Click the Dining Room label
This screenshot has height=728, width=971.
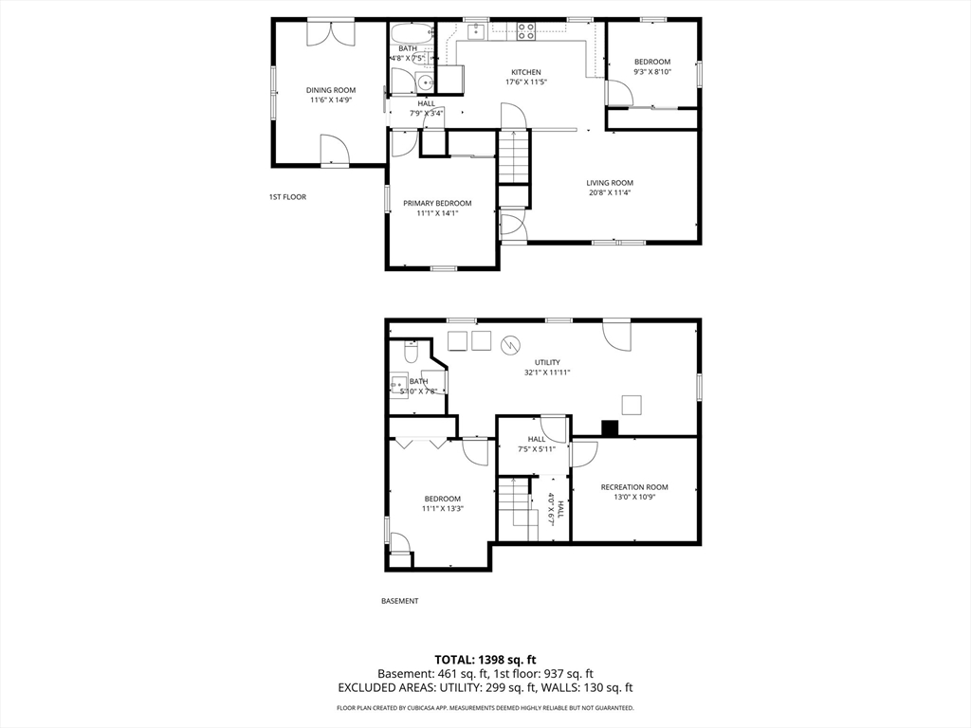(331, 90)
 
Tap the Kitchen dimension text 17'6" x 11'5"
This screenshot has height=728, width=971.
(525, 82)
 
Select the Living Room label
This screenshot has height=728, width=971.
(610, 183)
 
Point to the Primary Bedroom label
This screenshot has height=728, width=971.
(437, 203)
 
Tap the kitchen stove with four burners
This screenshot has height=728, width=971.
(526, 31)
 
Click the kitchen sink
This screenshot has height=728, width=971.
(476, 30)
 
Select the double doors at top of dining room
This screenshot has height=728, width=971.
(331, 33)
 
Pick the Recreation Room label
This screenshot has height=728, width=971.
(634, 487)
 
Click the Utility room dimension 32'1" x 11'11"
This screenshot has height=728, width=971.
(547, 373)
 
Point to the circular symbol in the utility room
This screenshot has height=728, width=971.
(511, 345)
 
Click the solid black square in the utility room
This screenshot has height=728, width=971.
(610, 428)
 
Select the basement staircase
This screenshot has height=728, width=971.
(515, 508)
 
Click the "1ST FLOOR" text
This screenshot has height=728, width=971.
(287, 197)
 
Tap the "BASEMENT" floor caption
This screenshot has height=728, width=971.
(399, 600)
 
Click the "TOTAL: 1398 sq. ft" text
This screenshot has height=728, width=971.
(485, 660)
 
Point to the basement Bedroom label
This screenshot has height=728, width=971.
(443, 499)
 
